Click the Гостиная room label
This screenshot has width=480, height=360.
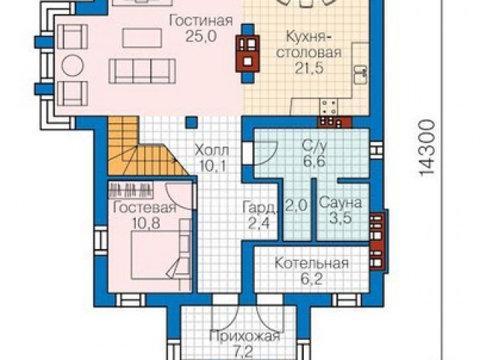click(x=201, y=22)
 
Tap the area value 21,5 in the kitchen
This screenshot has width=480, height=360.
click(x=309, y=68)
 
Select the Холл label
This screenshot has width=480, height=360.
click(x=211, y=151)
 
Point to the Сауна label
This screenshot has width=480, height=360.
click(x=340, y=203)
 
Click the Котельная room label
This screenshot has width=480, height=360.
click(x=311, y=263)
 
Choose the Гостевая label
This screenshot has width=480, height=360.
click(x=145, y=208)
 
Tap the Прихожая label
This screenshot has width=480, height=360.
click(x=244, y=337)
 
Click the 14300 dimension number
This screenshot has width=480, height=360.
click(x=427, y=148)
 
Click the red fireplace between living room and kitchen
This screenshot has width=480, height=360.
click(x=247, y=53)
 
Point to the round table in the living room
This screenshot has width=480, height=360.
click(x=72, y=64)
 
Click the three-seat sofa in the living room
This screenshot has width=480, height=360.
click(x=142, y=71)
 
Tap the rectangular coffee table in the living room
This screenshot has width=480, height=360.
click(x=142, y=38)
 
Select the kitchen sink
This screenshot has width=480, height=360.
click(x=361, y=74)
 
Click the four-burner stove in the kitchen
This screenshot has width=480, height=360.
click(x=328, y=106)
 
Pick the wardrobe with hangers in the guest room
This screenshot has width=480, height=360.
click(x=131, y=189)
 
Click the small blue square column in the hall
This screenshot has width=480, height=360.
click(x=192, y=122)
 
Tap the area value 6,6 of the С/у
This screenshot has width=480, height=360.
click(x=314, y=160)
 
